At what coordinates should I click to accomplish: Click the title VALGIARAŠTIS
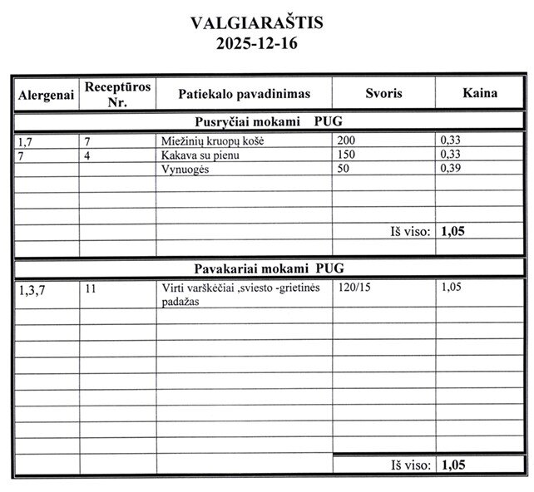(256, 22)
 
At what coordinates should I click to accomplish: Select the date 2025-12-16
(256, 43)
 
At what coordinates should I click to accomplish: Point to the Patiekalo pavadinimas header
(244, 94)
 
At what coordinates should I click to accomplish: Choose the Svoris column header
(383, 94)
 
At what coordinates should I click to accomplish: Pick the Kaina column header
(480, 93)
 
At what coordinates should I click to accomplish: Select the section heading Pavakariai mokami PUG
(269, 268)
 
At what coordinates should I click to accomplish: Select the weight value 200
(345, 141)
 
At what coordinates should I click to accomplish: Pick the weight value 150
(345, 155)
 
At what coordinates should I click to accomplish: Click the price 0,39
(452, 169)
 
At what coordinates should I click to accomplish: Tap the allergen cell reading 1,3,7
(32, 290)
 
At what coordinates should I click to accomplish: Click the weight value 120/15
(354, 289)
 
